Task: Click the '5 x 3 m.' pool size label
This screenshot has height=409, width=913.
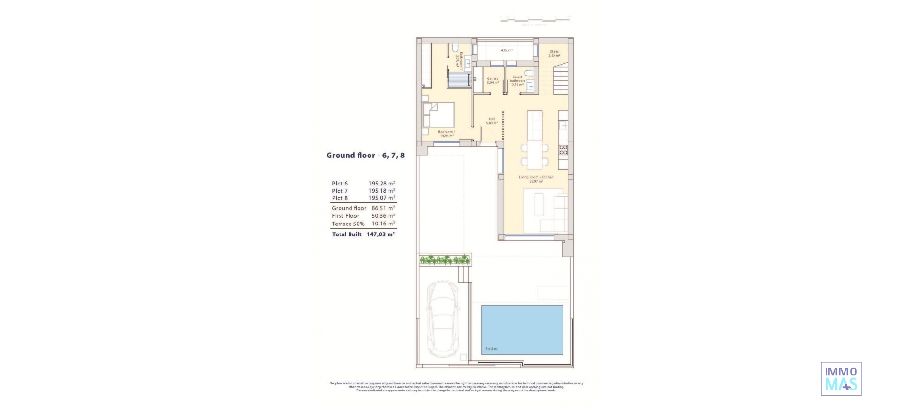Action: click(491, 349)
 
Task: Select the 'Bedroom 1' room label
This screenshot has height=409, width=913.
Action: click(447, 132)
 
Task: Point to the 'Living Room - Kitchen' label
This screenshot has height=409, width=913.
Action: click(536, 177)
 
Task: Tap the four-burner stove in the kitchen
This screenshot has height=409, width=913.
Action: click(563, 150)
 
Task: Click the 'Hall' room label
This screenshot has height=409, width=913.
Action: click(492, 119)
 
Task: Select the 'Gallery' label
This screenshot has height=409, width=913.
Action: click(493, 79)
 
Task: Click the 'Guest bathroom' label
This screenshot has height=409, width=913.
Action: click(517, 79)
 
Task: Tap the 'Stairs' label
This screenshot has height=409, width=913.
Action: click(554, 51)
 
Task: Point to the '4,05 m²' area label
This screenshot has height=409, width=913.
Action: click(506, 50)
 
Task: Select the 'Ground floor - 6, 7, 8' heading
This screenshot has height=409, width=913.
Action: click(365, 156)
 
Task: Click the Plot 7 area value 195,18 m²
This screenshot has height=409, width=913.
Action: click(381, 191)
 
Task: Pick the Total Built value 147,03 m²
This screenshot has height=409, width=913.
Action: click(380, 234)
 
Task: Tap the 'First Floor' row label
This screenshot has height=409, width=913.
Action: click(346, 216)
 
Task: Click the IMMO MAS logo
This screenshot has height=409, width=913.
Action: click(841, 379)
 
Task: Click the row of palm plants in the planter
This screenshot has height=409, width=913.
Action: click(445, 260)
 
